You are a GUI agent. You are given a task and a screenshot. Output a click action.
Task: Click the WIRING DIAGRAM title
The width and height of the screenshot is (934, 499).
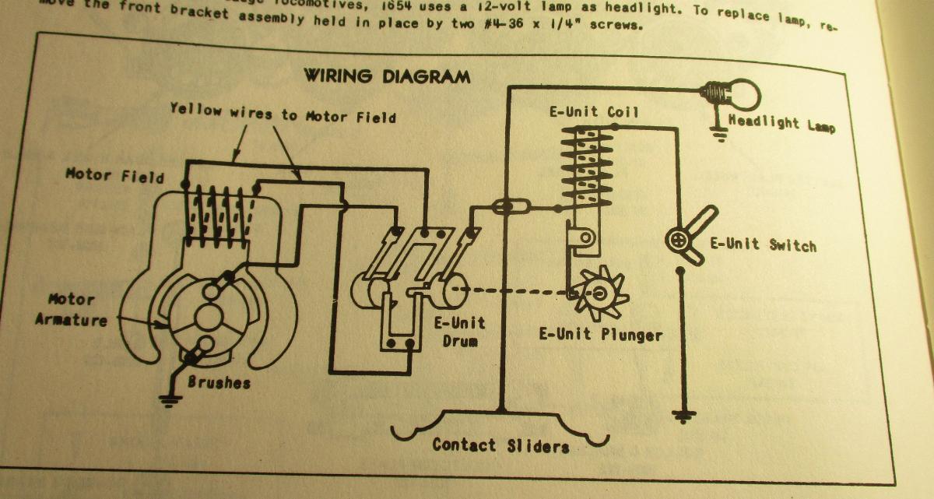(x=386, y=76)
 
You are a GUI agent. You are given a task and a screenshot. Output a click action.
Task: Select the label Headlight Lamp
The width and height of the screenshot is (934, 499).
(x=781, y=122)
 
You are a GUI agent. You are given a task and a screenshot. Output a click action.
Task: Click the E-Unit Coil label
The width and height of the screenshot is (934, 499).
(x=593, y=112)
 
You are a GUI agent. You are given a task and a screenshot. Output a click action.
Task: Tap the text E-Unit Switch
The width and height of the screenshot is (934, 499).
(x=763, y=244)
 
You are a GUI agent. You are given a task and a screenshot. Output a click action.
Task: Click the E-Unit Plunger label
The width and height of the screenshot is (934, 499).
(x=600, y=335)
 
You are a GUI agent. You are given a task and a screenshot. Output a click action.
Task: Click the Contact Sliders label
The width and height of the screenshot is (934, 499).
(x=500, y=445)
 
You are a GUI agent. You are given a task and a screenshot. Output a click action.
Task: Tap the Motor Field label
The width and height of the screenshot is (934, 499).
(x=114, y=175)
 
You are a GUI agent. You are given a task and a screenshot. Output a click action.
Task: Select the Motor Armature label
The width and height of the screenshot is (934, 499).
(x=71, y=309)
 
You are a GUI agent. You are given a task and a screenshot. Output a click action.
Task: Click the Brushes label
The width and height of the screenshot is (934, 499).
(x=219, y=383)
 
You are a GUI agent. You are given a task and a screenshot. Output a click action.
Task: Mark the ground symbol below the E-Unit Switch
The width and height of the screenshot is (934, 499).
(x=684, y=416)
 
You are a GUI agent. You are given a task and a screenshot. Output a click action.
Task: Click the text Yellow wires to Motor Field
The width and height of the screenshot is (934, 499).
(x=283, y=114)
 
